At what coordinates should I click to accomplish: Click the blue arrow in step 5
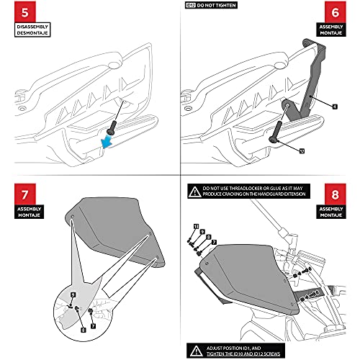coord(110,144)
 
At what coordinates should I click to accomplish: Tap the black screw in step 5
coord(114,127)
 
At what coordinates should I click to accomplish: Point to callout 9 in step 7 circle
coord(73,294)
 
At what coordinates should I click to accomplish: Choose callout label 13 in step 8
coord(195,226)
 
